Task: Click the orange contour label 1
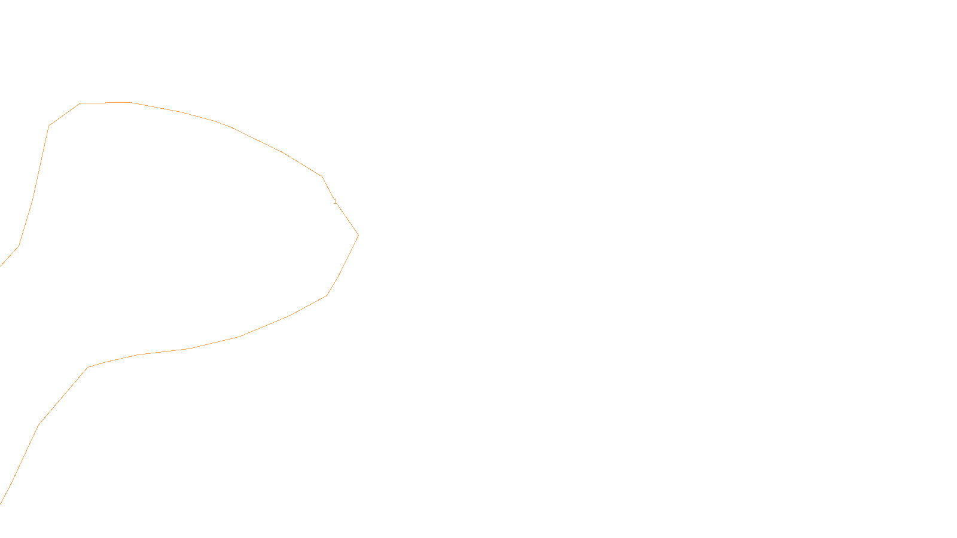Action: point(335,201)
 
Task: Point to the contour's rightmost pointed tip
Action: point(358,235)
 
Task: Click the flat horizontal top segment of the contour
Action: point(106,103)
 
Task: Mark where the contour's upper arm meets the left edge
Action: point(1,265)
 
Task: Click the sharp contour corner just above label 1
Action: point(322,176)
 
